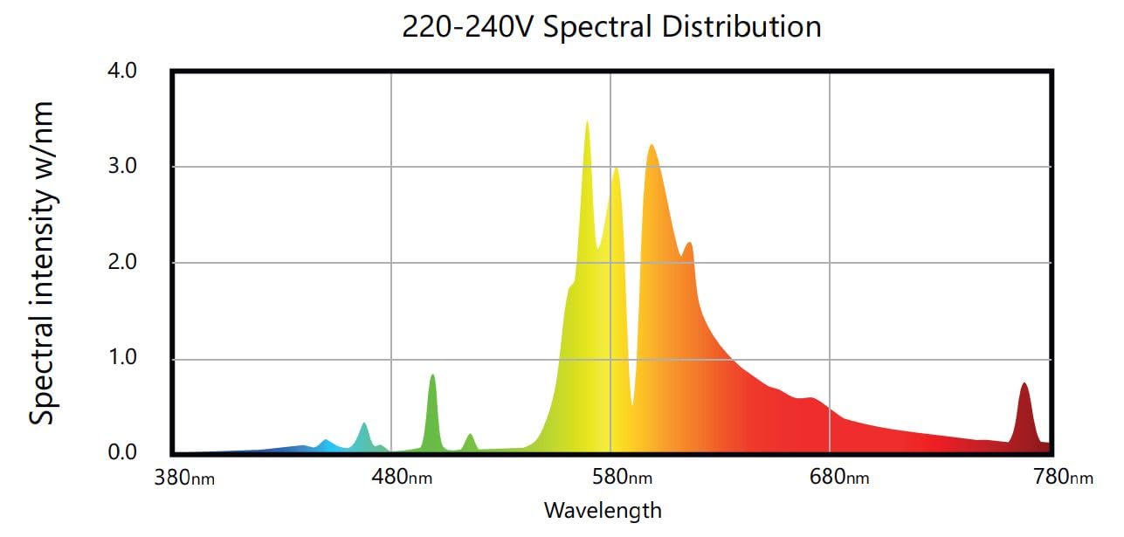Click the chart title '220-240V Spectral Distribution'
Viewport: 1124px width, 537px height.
611,26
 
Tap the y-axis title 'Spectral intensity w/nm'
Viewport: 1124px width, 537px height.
41,263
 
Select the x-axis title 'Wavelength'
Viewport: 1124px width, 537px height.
603,510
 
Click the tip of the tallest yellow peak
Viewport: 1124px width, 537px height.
587,122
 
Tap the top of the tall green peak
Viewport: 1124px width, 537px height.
432,375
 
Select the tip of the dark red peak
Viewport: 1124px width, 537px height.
1024,384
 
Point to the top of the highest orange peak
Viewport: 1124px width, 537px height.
652,146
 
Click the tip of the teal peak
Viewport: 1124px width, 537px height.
364,424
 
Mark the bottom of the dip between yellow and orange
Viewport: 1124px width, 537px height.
632,405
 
